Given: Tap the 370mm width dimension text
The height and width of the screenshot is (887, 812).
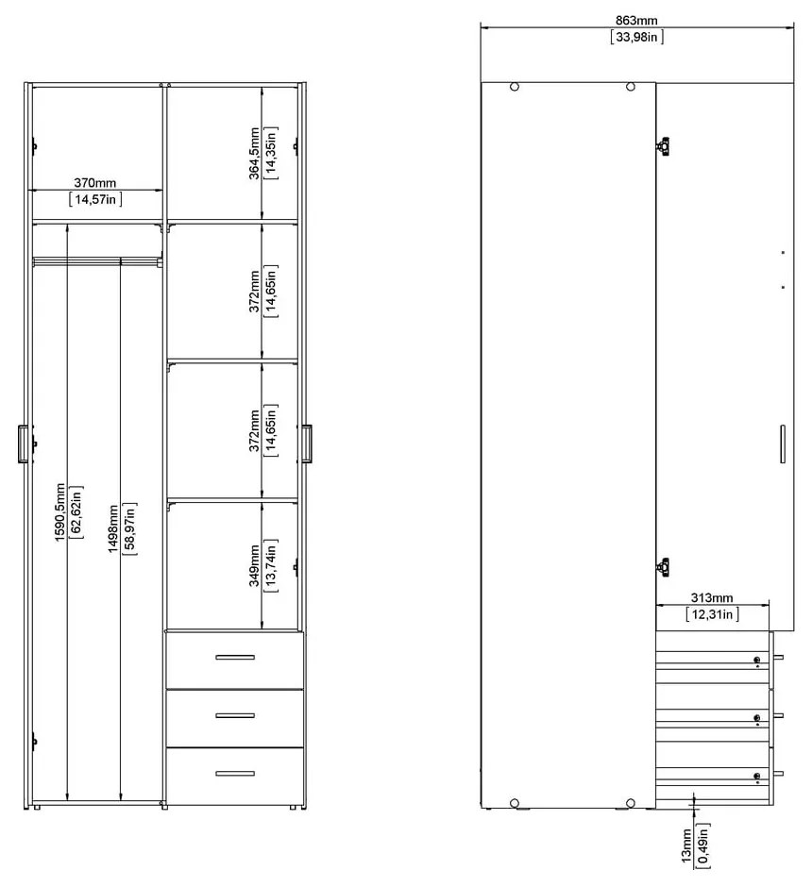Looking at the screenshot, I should pyautogui.click(x=95, y=182).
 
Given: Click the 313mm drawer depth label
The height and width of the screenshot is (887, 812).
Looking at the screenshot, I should pyautogui.click(x=712, y=597).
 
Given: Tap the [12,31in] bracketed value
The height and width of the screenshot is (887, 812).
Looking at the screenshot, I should pyautogui.click(x=712, y=614).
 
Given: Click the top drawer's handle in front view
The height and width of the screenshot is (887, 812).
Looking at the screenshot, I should pyautogui.click(x=234, y=657).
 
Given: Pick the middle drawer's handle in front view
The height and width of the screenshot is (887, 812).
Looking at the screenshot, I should pyautogui.click(x=234, y=715).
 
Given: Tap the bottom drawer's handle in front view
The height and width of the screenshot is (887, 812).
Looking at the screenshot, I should pyautogui.click(x=234, y=774).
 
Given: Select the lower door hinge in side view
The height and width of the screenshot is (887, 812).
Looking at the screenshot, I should pyautogui.click(x=664, y=566).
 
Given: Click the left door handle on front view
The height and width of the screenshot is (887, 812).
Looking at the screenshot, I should pyautogui.click(x=23, y=444).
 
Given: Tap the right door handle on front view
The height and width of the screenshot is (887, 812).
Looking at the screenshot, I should pyautogui.click(x=308, y=444).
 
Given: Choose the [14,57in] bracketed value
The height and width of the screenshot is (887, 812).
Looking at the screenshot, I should pyautogui.click(x=95, y=199).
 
